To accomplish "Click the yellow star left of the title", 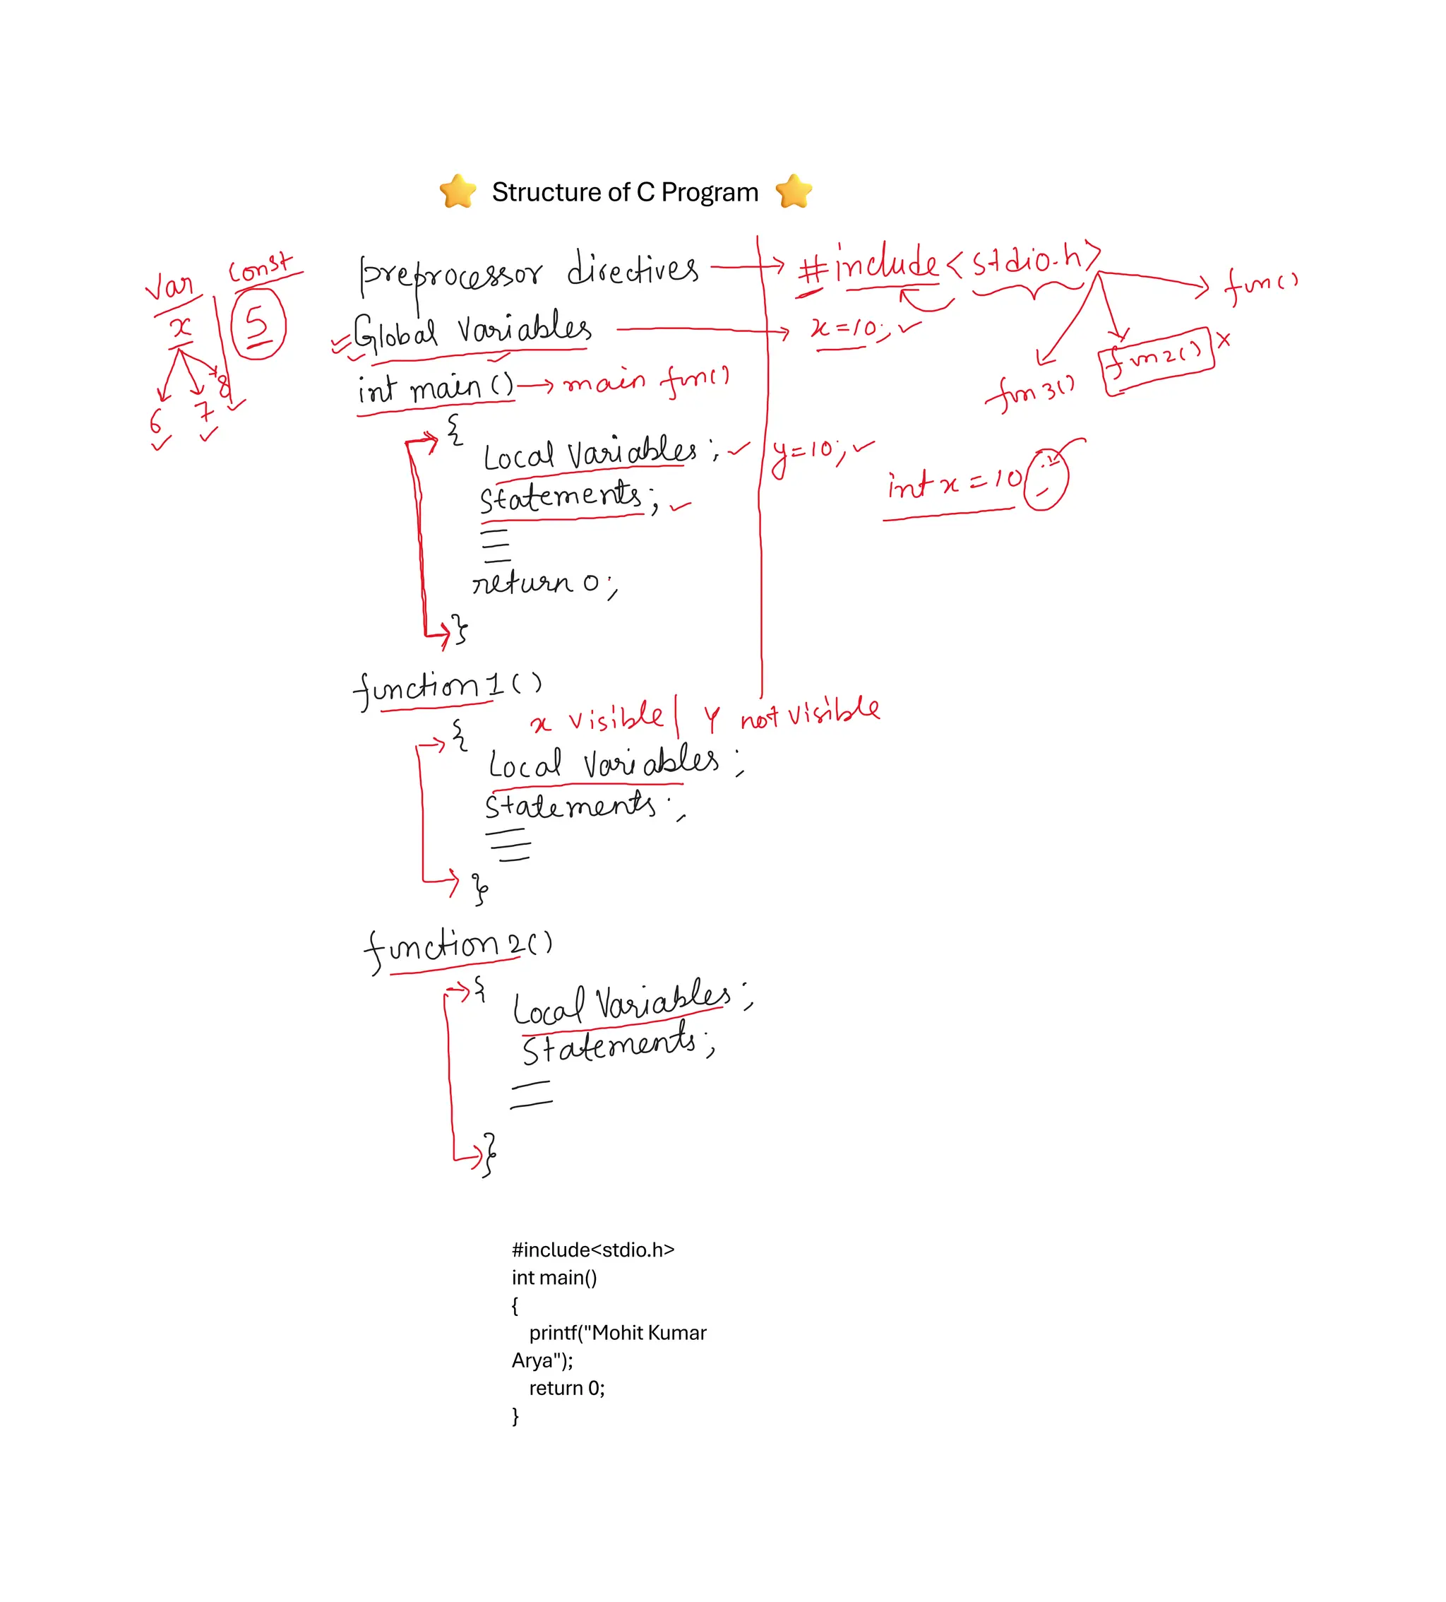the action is [458, 191].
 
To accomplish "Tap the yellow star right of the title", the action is [794, 191].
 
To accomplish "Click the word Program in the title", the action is [710, 192].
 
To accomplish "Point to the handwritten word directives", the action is [633, 268].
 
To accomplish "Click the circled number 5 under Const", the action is [258, 324].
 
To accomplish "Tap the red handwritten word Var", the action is [169, 286].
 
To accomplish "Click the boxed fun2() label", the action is [1157, 360].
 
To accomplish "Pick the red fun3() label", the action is [1030, 392].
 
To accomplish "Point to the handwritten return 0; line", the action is [544, 583].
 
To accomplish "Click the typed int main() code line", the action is [554, 1278].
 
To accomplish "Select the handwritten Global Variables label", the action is [472, 331].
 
